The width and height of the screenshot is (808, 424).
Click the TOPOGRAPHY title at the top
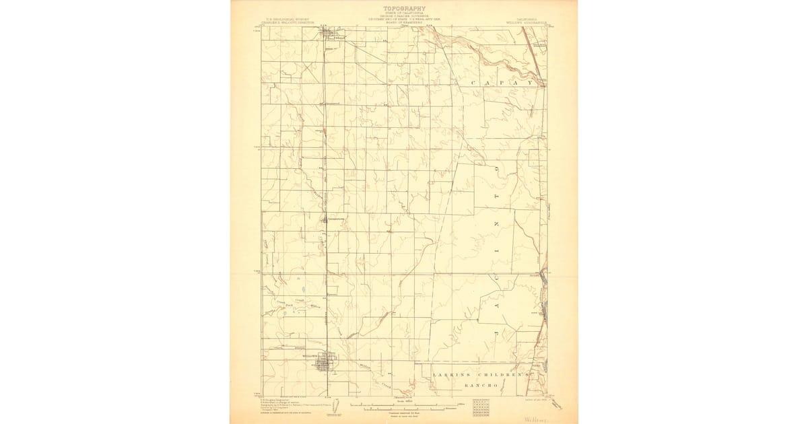(405, 9)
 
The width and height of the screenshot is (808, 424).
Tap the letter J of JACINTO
(501, 333)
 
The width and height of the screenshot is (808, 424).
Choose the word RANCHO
(480, 386)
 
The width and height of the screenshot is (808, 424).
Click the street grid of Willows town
(329, 363)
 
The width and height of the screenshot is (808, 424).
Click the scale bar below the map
(404, 407)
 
